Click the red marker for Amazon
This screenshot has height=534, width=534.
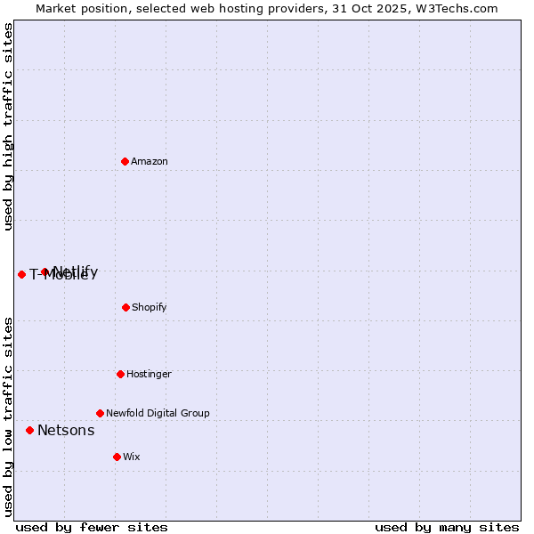coord(125,161)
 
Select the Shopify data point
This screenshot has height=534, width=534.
coord(125,307)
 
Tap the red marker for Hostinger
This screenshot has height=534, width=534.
coord(120,374)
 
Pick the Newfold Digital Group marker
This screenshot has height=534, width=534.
coord(100,413)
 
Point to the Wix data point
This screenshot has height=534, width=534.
coord(117,457)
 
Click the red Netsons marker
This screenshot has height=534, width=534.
coord(29,430)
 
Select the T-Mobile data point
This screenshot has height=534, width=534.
coord(21,274)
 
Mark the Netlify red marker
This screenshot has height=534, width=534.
coord(44,271)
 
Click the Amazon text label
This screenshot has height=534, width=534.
coord(150,161)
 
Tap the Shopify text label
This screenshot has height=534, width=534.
coord(150,307)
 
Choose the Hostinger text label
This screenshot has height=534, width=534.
coord(149,374)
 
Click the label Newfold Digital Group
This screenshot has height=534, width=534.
coord(158,413)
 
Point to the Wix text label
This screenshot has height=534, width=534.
coord(132,457)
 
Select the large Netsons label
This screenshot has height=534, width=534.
coord(66,431)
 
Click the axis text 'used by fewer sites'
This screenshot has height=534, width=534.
coord(92,527)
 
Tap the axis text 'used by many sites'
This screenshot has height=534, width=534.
coord(447,527)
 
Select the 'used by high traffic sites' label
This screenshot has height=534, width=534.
coord(8,126)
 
